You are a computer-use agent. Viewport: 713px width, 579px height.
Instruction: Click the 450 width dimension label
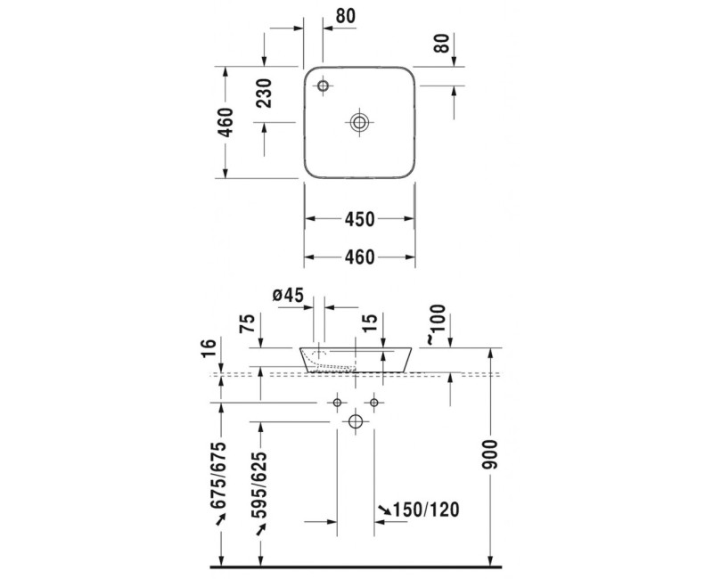pyautogui.click(x=359, y=219)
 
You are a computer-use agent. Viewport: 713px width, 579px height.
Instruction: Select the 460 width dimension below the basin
pyautogui.click(x=359, y=257)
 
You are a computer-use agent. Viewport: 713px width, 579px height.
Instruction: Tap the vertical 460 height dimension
pyautogui.click(x=225, y=122)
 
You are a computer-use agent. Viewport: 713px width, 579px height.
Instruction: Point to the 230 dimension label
pyautogui.click(x=264, y=94)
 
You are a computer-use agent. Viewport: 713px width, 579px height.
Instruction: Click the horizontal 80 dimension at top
pyautogui.click(x=345, y=16)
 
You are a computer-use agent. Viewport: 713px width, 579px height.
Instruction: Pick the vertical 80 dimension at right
pyautogui.click(x=441, y=43)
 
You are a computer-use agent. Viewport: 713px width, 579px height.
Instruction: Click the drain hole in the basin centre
pyautogui.click(x=359, y=122)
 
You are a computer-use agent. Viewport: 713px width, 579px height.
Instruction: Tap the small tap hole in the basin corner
pyautogui.click(x=323, y=86)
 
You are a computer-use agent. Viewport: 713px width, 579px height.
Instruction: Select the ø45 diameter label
pyautogui.click(x=288, y=296)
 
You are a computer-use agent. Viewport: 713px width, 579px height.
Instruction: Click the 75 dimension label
pyautogui.click(x=248, y=323)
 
